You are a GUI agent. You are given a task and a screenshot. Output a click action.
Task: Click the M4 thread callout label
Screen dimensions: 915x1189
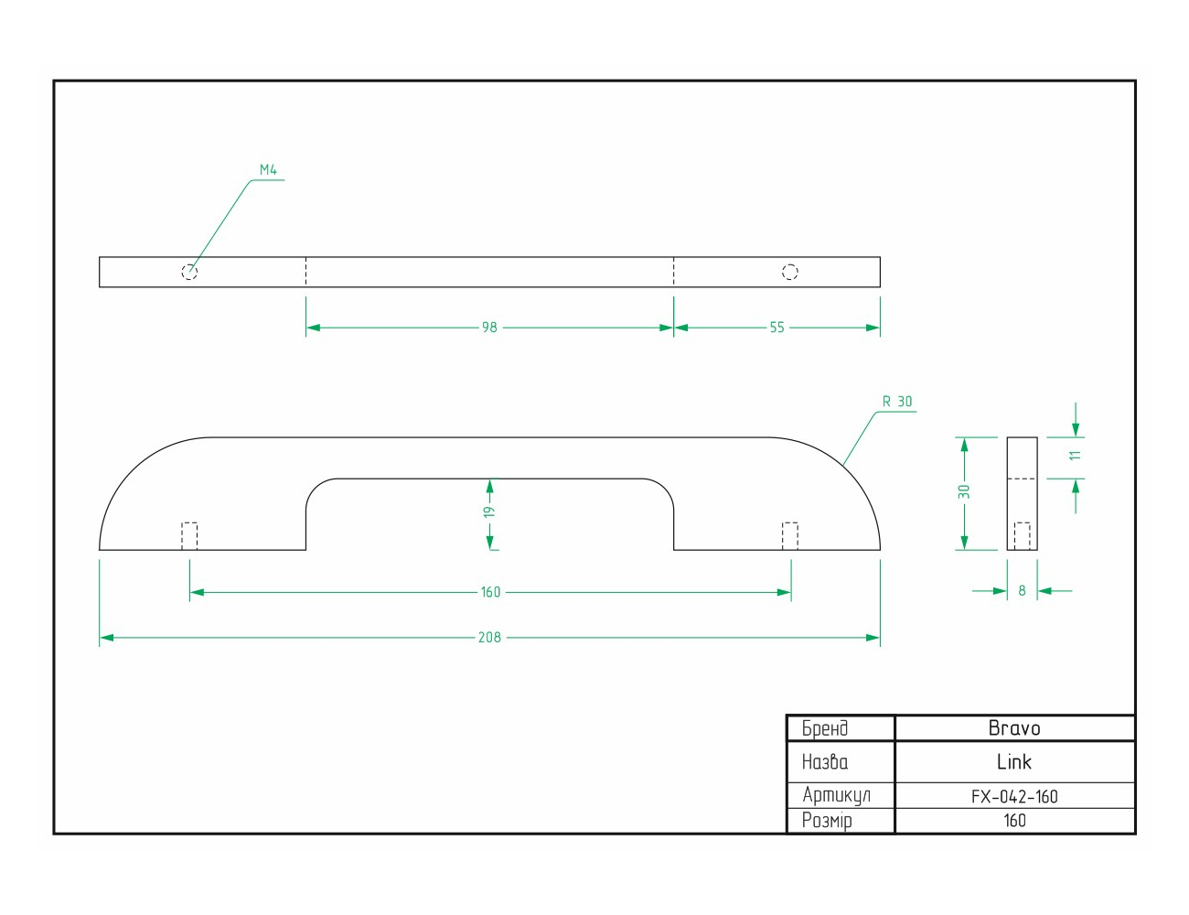(x=268, y=170)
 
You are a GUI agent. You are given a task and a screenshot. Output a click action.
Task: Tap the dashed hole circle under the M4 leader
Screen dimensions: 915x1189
(x=189, y=272)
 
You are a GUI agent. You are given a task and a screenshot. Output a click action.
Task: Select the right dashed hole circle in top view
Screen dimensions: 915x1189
(x=790, y=272)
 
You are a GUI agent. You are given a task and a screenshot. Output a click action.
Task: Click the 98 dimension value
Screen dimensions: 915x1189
(x=489, y=328)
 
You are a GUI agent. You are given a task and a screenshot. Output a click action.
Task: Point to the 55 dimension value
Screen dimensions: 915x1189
(x=777, y=328)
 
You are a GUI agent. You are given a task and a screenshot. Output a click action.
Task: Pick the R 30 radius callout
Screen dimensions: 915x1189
(x=897, y=402)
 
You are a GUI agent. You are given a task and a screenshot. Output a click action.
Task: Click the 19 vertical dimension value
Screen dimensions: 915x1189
(x=489, y=512)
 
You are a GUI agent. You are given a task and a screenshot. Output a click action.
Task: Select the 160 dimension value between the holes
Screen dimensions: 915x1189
(x=490, y=592)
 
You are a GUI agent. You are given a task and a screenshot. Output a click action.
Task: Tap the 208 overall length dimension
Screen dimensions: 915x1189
(x=489, y=637)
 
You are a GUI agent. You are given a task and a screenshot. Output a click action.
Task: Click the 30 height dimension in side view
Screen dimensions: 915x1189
(x=963, y=492)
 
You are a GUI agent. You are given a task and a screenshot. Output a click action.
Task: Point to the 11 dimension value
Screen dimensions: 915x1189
(x=1076, y=455)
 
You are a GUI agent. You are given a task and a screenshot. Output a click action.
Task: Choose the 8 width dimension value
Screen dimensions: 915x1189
(x=1023, y=591)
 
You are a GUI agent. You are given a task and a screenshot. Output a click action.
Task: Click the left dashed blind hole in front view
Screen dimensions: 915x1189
(x=189, y=535)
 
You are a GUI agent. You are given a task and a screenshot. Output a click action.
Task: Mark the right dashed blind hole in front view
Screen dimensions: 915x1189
(x=790, y=535)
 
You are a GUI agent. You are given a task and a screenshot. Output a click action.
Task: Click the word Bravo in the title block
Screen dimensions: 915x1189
(x=1014, y=728)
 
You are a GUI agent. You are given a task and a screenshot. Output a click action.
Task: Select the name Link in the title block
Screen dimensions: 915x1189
(x=1014, y=761)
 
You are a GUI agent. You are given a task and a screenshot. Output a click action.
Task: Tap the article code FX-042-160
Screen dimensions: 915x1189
(x=1014, y=796)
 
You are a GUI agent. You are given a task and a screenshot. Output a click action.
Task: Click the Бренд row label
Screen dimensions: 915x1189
(x=825, y=728)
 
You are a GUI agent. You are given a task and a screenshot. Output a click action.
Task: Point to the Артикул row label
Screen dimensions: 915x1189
(x=836, y=795)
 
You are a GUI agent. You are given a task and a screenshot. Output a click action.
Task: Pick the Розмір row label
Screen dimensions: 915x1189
(x=827, y=821)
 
